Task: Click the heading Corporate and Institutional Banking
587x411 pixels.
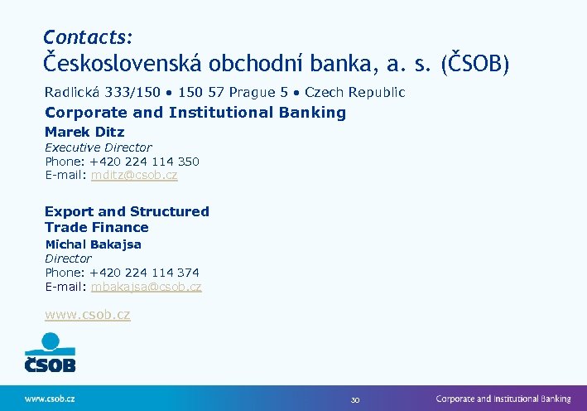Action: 195,113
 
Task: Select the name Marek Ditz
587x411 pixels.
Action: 84,132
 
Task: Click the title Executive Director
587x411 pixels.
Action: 98,147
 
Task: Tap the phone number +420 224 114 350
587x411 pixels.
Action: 144,162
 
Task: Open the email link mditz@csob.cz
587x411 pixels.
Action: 134,176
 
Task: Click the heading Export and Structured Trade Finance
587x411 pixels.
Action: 127,220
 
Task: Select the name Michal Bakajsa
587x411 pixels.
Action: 93,244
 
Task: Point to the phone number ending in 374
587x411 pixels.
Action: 144,273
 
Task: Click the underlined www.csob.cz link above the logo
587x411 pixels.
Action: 87,315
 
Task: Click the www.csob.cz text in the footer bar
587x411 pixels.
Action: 50,399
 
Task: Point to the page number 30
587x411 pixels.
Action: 354,399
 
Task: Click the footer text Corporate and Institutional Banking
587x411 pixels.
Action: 503,399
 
